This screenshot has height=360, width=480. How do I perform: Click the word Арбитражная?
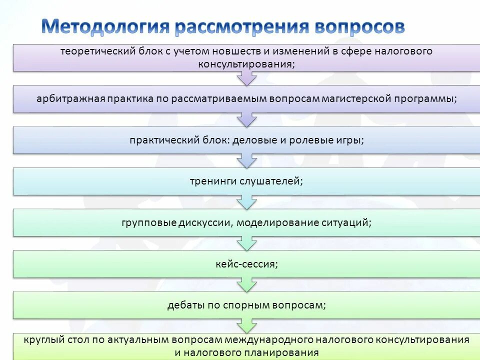tap(71, 98)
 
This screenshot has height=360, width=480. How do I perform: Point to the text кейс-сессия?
tap(246, 263)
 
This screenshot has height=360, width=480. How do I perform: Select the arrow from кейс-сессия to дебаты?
tap(247, 285)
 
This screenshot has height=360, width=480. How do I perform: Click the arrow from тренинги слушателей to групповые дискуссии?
tap(247, 202)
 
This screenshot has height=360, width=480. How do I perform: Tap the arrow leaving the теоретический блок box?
tap(247, 78)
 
